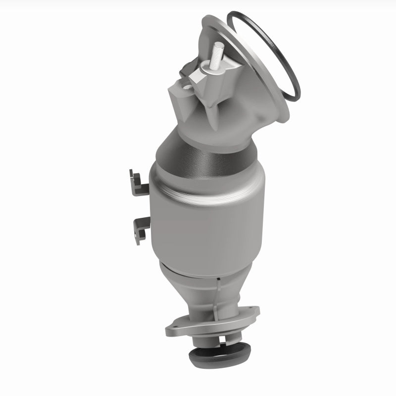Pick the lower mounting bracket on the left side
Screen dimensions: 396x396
(139, 228)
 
